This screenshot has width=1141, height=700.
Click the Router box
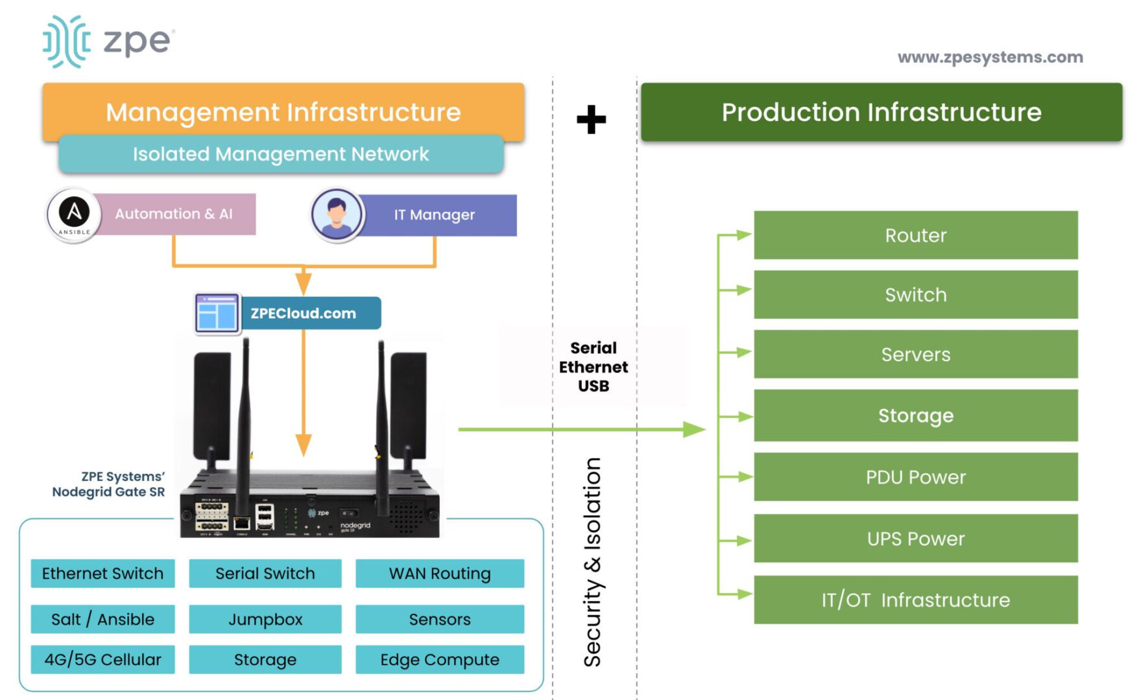(915, 235)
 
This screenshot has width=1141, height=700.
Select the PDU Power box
(915, 477)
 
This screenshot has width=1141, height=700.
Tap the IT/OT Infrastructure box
(915, 600)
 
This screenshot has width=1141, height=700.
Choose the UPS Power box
(915, 539)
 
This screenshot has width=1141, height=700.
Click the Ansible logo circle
(74, 215)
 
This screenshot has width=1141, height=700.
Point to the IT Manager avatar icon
(336, 214)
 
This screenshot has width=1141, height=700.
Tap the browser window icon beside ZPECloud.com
(217, 313)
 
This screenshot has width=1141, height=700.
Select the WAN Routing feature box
(439, 574)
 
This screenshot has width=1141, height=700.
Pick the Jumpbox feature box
(265, 620)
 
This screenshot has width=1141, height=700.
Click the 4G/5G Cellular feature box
(102, 659)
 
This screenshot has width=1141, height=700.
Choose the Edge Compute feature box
(439, 659)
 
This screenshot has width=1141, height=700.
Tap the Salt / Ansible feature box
(102, 620)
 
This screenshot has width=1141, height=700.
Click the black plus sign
(591, 120)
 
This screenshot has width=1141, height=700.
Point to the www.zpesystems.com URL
(990, 57)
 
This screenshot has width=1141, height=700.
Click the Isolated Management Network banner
(281, 154)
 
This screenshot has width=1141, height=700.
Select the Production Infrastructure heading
(881, 112)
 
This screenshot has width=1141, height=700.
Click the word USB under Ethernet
(594, 386)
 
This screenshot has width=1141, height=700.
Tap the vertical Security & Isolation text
(592, 562)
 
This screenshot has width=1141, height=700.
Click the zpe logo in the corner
(108, 41)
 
